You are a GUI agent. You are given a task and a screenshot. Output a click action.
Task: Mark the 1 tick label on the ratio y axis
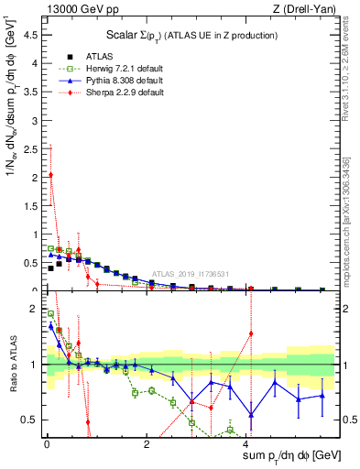tap(35, 365)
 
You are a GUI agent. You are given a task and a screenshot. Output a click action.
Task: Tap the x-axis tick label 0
tap(46, 444)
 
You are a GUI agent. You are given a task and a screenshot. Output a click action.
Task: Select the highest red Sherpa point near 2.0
tap(50, 175)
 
